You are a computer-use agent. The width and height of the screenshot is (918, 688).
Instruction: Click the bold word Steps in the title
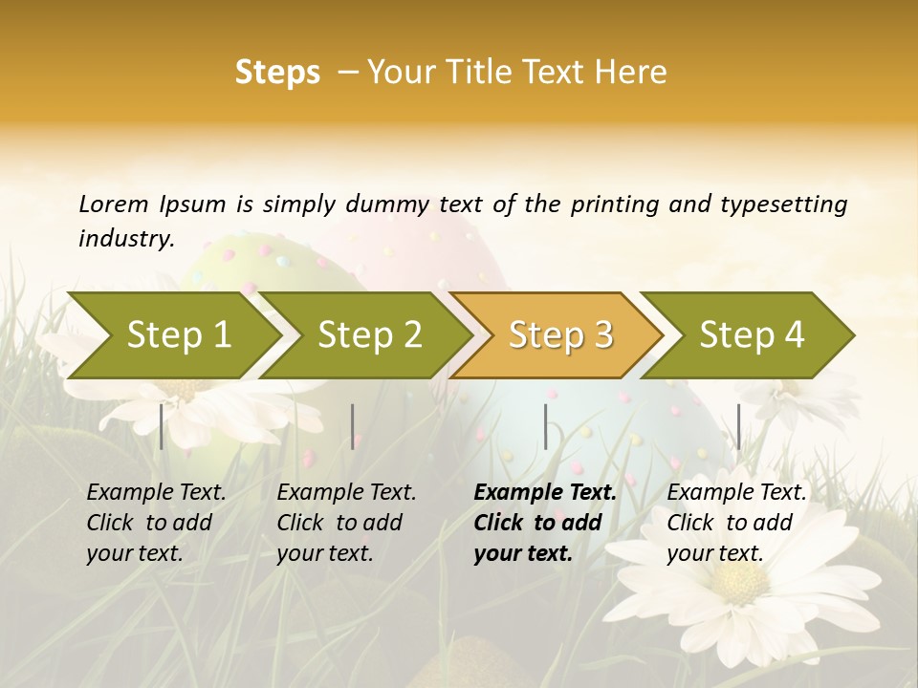tap(277, 73)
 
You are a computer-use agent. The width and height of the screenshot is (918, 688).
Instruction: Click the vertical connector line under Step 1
tap(161, 426)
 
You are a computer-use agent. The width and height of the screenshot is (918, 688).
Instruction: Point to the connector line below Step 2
tap(353, 426)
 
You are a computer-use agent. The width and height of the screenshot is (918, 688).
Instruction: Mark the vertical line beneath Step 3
tap(545, 426)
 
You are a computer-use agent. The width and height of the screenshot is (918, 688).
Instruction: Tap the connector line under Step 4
tap(738, 426)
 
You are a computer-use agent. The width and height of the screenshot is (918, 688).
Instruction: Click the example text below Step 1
tap(156, 523)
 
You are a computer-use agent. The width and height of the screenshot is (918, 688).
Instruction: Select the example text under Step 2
tap(346, 523)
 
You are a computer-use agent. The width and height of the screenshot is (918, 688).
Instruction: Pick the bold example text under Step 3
tap(545, 523)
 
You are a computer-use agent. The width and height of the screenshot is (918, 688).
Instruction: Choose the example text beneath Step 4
tap(736, 523)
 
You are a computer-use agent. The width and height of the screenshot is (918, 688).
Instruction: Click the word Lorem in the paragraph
tap(114, 204)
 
